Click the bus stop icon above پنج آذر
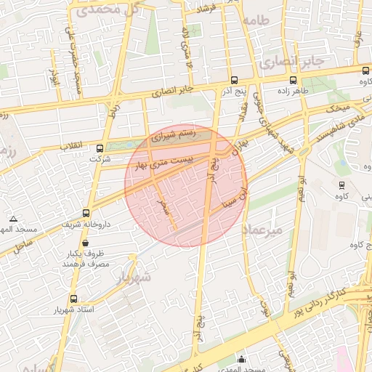(x=234, y=81)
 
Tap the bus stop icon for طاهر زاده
(x=293, y=81)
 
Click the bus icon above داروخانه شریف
(x=86, y=213)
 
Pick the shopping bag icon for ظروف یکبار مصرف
(x=86, y=243)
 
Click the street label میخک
(x=339, y=108)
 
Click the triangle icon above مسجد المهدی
(x=13, y=219)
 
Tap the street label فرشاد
(x=209, y=8)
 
